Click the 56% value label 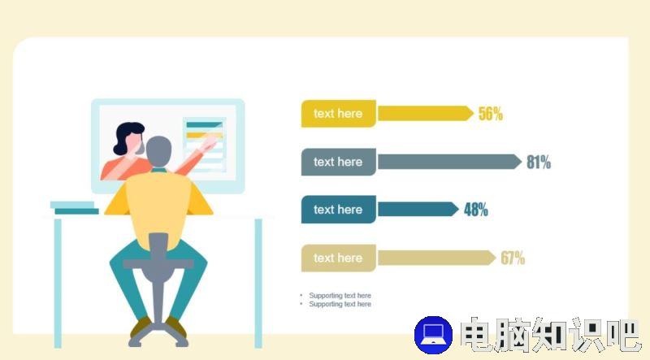click(491, 114)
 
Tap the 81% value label click(539, 162)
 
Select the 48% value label click(476, 210)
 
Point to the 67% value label click(513, 258)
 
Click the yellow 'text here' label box click(338, 114)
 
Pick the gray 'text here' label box click(338, 162)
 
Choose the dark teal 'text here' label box click(338, 210)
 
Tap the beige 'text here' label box click(338, 258)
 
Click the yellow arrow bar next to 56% click(426, 114)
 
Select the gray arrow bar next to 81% click(450, 162)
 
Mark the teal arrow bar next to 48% click(418, 210)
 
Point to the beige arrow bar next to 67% click(437, 258)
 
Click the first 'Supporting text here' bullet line click(340, 295)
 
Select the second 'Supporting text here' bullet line click(340, 304)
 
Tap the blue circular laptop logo click(434, 335)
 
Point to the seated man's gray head click(158, 151)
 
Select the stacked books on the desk click(75, 208)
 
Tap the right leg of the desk click(258, 284)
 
